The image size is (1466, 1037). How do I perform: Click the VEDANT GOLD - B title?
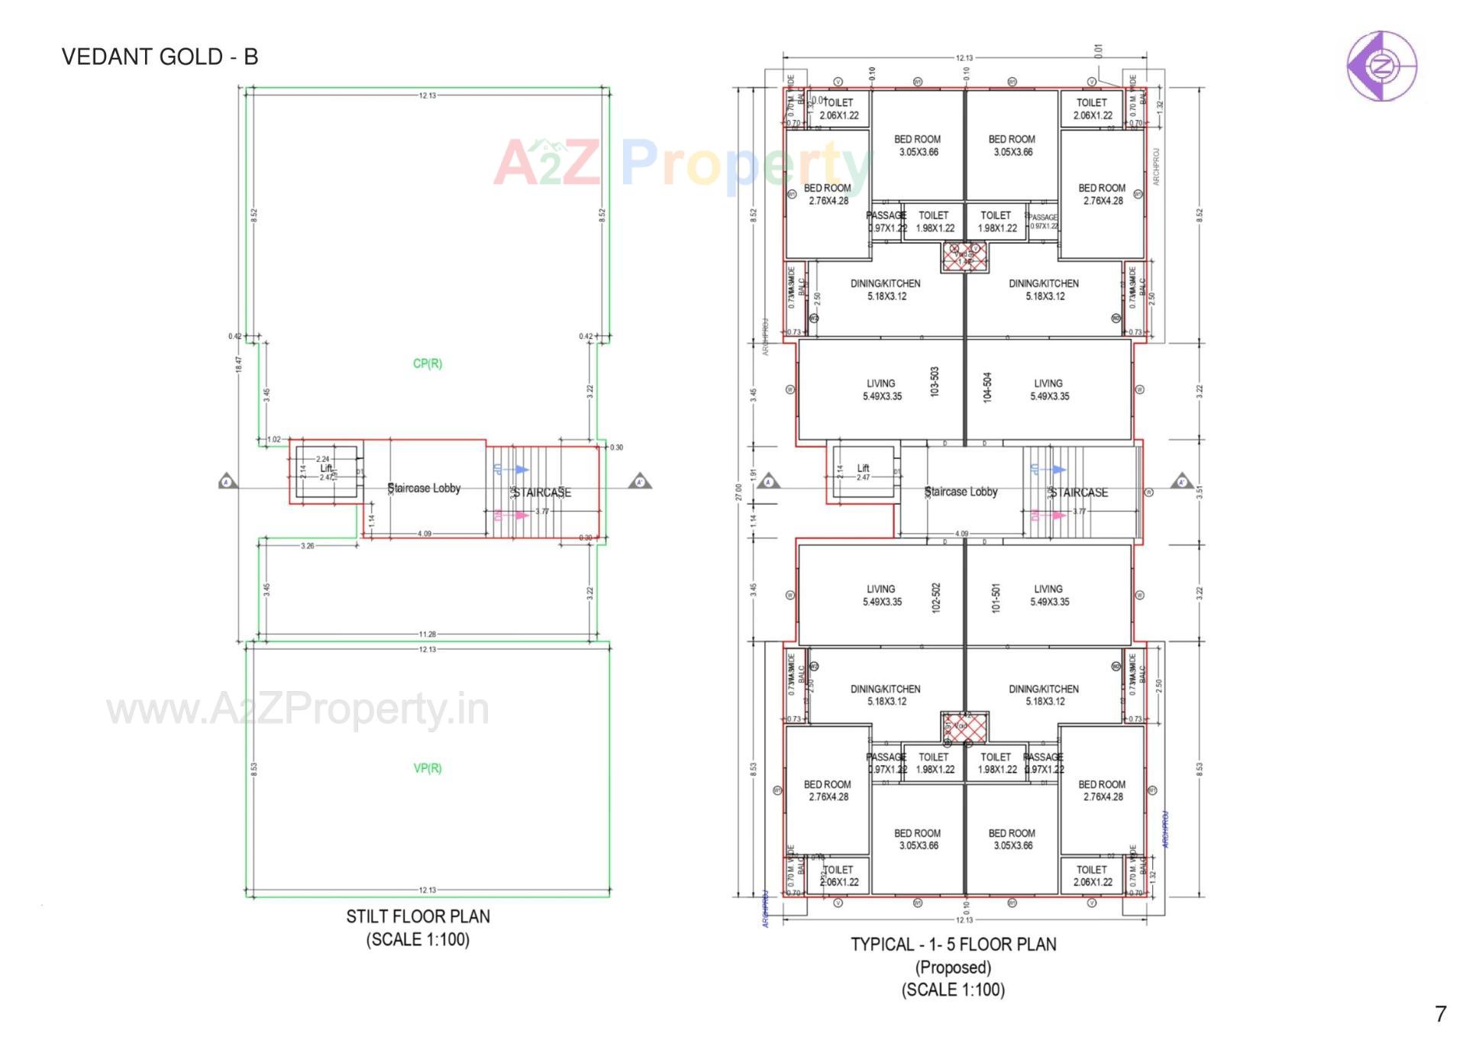click(160, 57)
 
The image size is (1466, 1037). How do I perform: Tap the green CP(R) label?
click(427, 363)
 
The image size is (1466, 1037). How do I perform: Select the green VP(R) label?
click(427, 768)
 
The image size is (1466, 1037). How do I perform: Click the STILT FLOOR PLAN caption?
click(418, 916)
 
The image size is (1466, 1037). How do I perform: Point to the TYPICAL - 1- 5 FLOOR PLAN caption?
click(953, 945)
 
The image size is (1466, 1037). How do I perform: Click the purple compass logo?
click(1380, 66)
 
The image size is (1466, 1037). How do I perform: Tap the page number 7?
click(1440, 1014)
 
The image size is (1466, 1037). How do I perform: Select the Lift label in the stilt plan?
click(326, 468)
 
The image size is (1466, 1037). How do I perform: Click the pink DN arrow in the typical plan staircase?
click(1057, 515)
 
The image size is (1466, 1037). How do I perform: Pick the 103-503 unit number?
click(935, 382)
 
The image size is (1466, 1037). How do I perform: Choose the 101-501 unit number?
click(995, 599)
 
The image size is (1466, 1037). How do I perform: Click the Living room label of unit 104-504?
click(1049, 389)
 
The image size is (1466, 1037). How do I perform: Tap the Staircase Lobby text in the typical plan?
click(961, 492)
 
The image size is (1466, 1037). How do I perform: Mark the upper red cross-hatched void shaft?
click(964, 257)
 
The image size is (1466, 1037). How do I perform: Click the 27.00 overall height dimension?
click(738, 492)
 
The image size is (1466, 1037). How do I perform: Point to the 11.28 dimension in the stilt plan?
click(427, 635)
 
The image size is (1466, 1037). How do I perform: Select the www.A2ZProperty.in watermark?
click(298, 709)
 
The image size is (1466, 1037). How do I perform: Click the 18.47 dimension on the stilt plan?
click(238, 364)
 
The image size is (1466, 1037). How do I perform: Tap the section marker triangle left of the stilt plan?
click(227, 482)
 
